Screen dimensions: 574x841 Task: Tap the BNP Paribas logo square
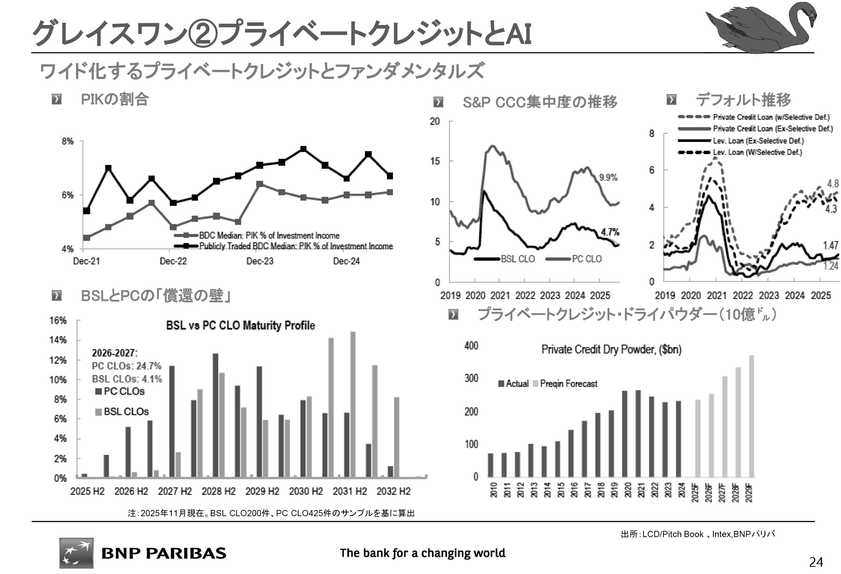[x=76, y=553]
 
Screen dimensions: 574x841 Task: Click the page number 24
[x=816, y=562]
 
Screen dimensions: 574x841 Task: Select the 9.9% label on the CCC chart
[x=608, y=177]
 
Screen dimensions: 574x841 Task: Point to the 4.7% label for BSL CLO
[x=610, y=232]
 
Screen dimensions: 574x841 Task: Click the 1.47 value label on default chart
[x=830, y=245]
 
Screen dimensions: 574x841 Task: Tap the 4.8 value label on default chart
[x=833, y=184]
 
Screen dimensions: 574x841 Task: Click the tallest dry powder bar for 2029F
[x=752, y=416]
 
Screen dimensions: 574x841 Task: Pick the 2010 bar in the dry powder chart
[x=491, y=465]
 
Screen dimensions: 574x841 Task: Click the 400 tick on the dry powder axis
[x=471, y=346]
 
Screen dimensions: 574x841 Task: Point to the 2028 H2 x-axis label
[x=219, y=491]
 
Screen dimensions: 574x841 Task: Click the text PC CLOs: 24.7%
[x=126, y=366]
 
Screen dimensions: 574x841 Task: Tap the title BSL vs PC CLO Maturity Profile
[x=240, y=326]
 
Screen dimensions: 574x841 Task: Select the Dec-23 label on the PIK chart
[x=260, y=261]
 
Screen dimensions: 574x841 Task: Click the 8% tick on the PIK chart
[x=68, y=141]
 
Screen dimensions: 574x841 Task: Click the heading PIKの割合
[x=114, y=99]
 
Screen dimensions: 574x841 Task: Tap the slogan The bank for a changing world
[x=422, y=553]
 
